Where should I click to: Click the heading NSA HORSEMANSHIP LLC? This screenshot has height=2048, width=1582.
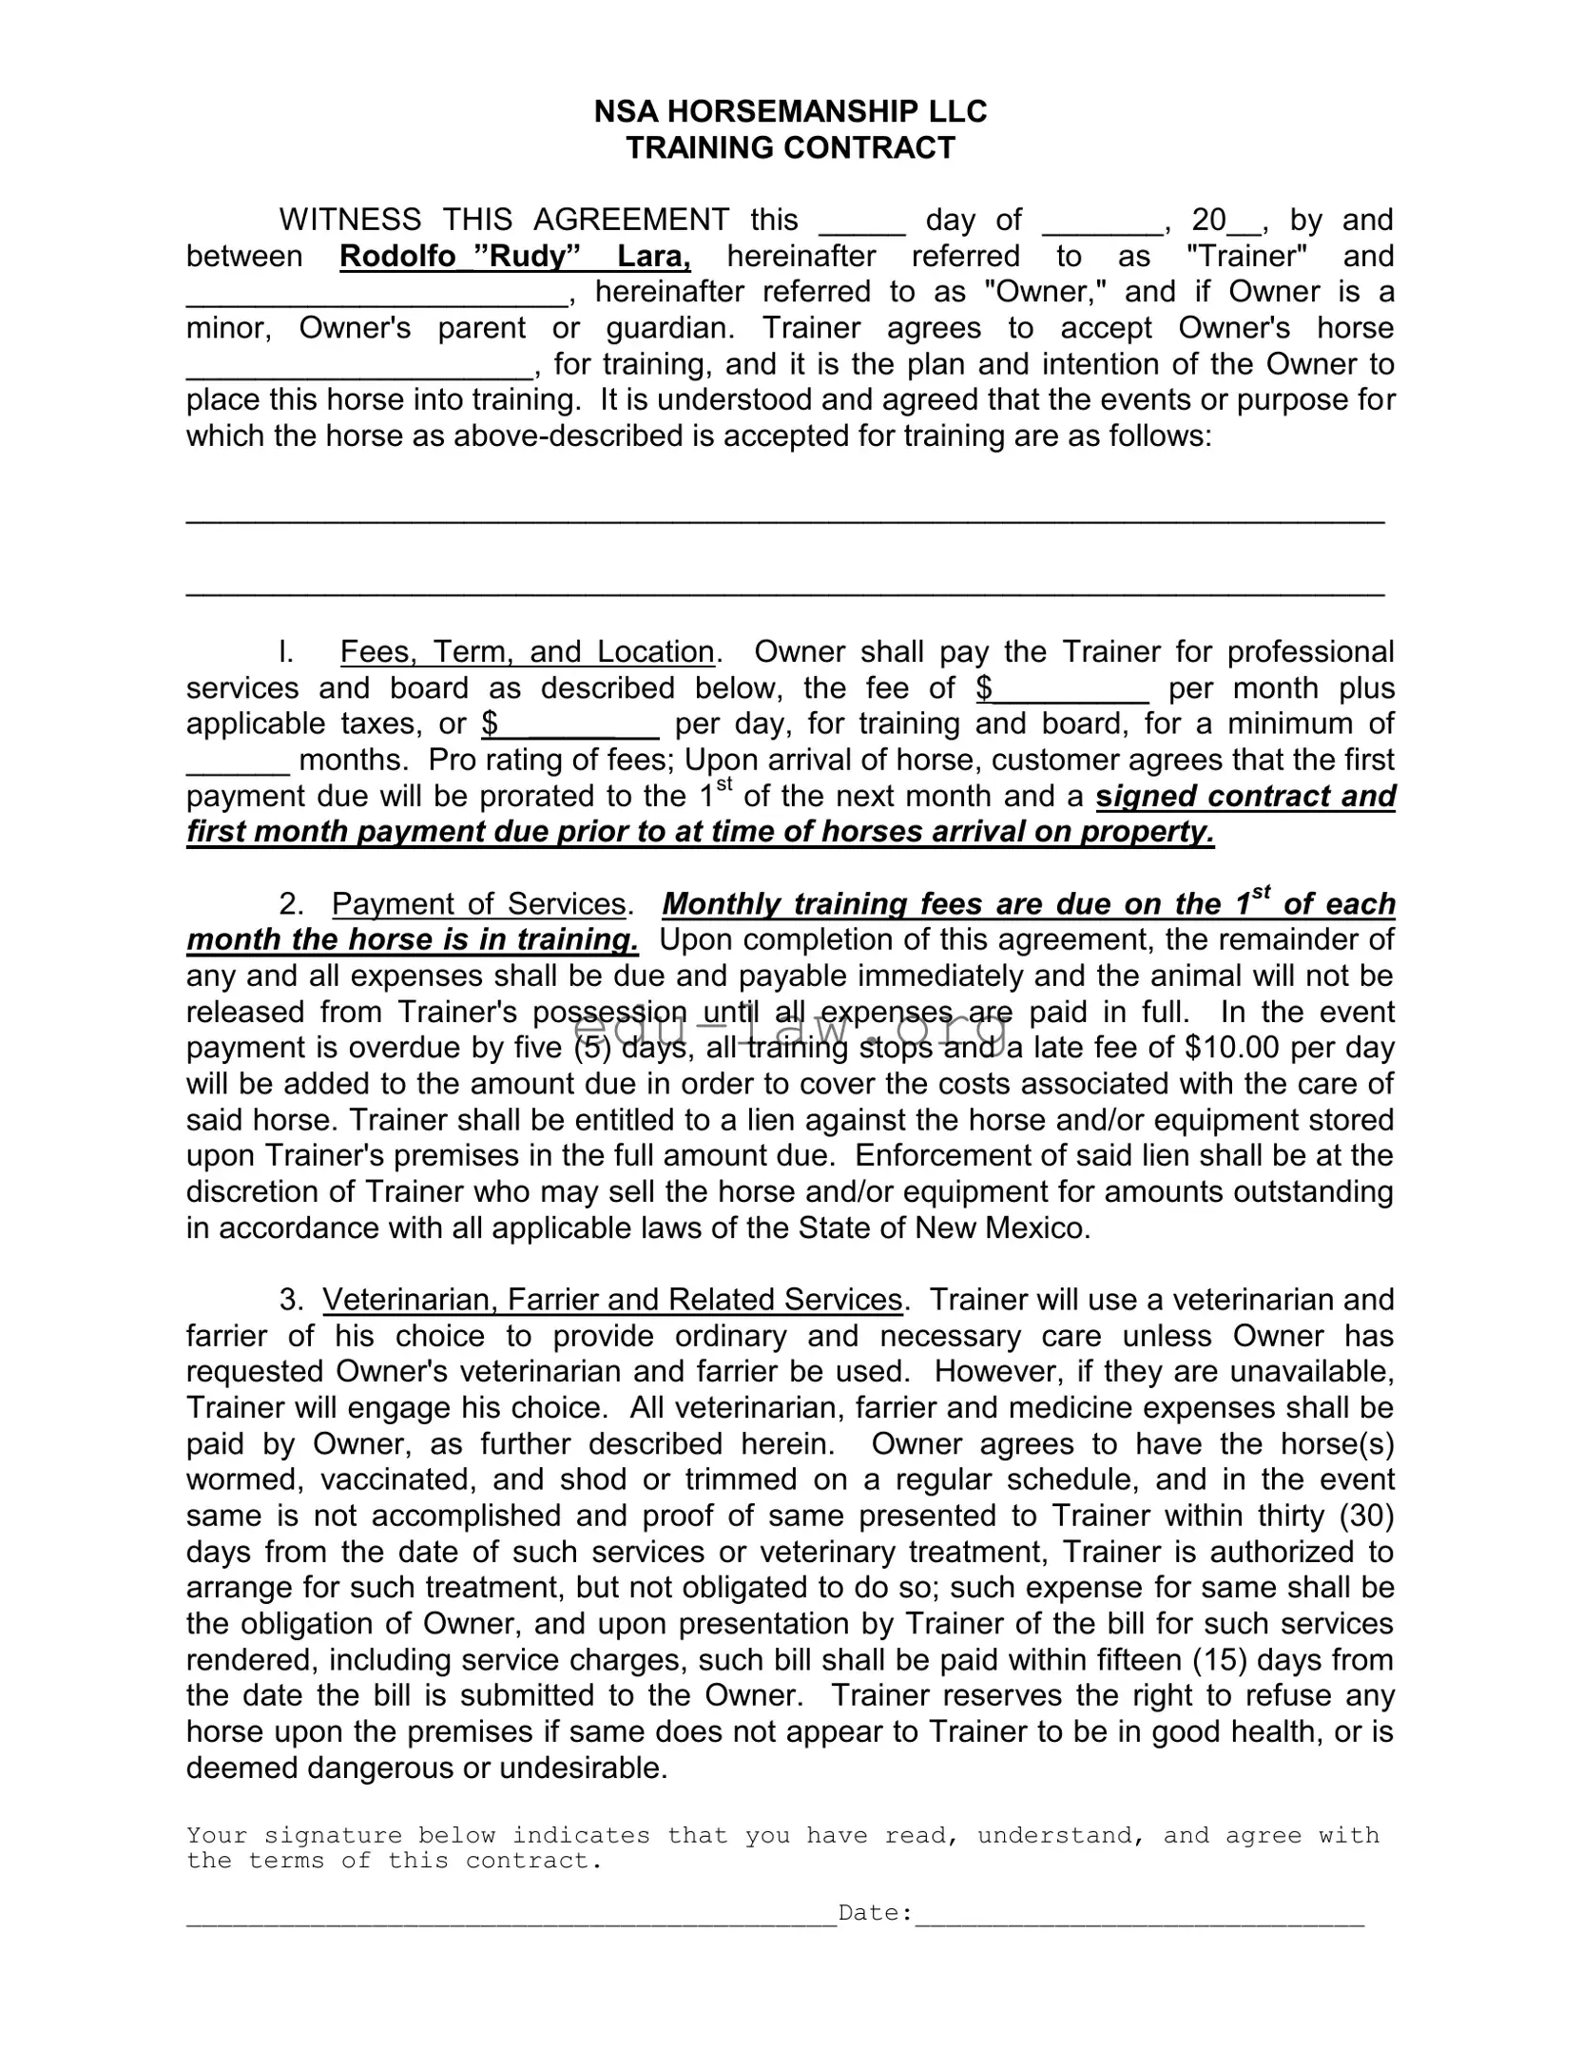(x=790, y=112)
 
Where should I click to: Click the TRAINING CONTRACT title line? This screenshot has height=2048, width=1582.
(x=790, y=148)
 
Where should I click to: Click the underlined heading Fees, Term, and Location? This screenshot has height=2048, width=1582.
(x=527, y=652)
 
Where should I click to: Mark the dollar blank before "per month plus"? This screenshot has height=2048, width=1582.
(x=1063, y=688)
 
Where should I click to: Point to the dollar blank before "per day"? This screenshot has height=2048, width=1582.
(x=570, y=725)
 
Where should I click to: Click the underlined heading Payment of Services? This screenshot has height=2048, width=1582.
(x=478, y=904)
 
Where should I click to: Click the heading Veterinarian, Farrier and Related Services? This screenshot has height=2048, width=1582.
(x=612, y=1300)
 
